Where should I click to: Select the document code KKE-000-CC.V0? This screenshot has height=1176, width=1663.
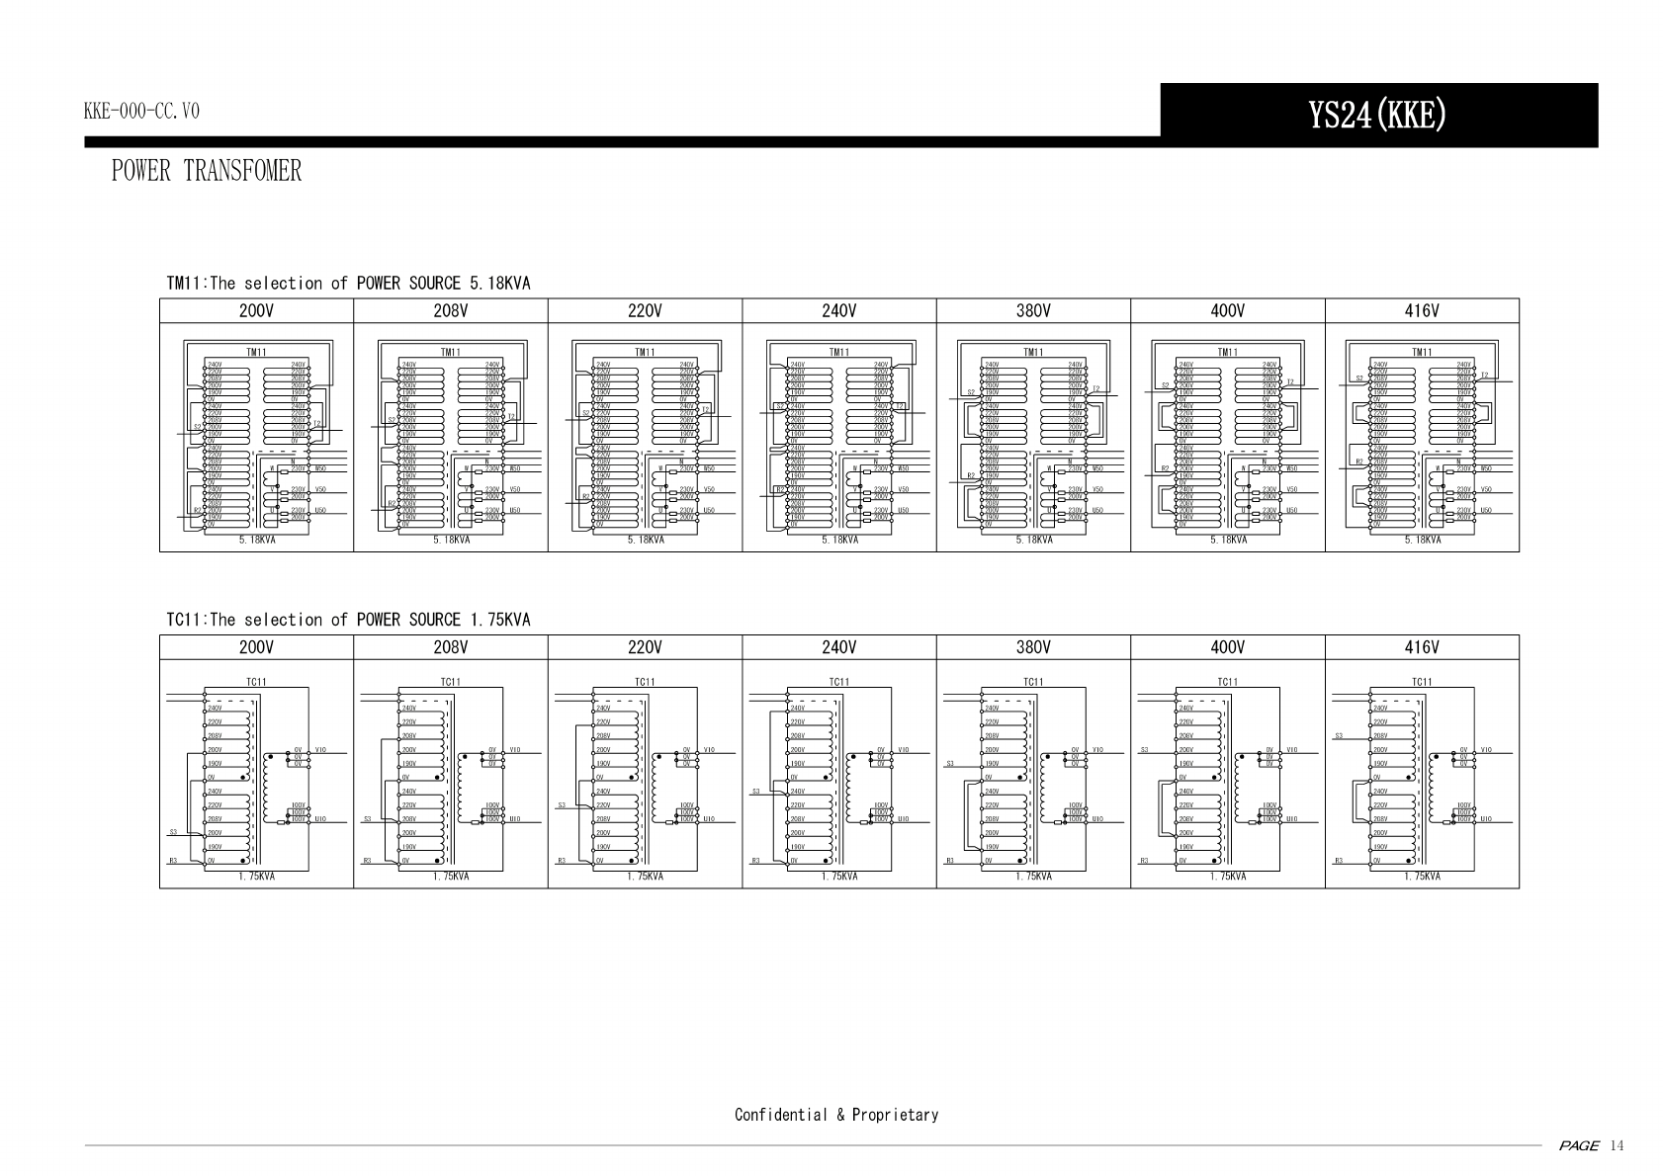141,111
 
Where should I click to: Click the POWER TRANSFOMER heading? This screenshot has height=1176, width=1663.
207,171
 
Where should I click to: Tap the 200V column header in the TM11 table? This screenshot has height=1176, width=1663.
256,311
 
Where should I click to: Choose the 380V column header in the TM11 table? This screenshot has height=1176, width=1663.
1033,311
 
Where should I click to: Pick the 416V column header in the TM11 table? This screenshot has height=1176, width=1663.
1422,311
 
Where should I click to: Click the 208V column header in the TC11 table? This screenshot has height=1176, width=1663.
450,647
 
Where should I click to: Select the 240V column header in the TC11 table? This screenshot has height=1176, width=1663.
838,647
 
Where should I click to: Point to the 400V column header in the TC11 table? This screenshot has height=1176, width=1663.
1227,647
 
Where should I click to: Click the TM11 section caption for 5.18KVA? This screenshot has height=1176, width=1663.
348,284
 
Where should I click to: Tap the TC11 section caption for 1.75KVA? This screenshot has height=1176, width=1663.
348,620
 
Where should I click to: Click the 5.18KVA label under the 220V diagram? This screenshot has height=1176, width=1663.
645,541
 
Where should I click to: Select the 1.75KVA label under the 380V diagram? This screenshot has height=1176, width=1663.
1033,877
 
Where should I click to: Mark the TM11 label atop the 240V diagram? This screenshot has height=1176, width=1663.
838,352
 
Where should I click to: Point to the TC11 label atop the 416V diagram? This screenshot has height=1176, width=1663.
1422,682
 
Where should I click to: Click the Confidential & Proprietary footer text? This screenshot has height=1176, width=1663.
836,1115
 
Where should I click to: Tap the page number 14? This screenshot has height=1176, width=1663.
1617,1146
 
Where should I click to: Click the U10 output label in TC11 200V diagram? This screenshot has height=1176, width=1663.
320,819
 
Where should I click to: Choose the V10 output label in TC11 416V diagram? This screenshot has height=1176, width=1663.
1487,750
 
